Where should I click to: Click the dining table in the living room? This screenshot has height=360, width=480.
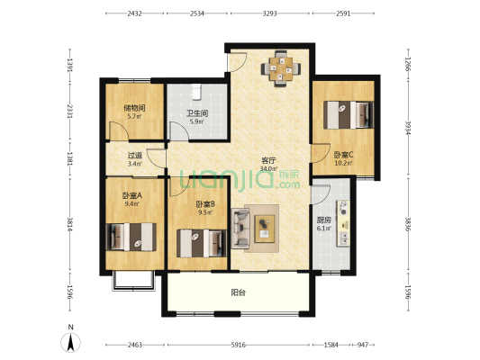281,68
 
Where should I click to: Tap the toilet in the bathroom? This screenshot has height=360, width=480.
196,92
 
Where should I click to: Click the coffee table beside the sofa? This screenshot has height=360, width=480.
265,229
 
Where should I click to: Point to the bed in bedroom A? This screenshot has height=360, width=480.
131,237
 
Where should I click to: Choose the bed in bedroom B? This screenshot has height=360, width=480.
202,244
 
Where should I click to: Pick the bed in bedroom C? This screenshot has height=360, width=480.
349,115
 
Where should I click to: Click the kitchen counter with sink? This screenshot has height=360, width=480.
343,223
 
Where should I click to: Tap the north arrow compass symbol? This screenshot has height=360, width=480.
71,343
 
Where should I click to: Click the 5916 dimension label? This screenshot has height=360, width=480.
238,345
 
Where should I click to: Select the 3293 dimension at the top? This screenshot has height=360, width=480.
269,13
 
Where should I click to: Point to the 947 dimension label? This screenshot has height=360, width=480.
363,345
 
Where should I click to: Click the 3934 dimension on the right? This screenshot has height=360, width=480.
408,128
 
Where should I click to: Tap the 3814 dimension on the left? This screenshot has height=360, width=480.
70,225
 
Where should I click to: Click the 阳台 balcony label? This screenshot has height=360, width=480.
238,292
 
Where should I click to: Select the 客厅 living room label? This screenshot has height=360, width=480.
268,160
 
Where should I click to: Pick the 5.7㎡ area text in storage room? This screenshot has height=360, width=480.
134,116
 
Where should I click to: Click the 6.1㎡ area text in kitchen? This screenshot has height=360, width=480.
324,229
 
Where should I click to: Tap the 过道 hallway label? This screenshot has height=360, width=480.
135,156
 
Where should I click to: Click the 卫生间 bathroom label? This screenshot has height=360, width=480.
197,113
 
